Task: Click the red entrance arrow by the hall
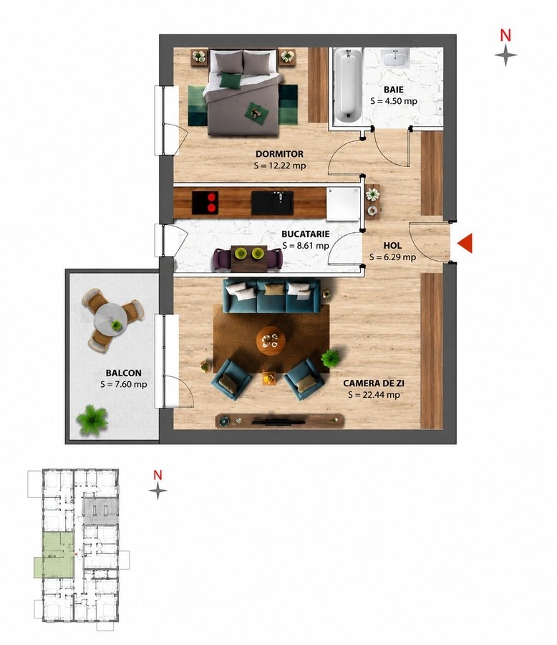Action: click(465, 243)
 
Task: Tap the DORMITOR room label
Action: click(279, 154)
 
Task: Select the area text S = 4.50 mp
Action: click(393, 101)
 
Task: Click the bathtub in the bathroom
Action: click(348, 85)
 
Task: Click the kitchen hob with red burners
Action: click(205, 202)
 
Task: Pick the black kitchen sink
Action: click(272, 203)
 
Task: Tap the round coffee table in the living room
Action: click(271, 340)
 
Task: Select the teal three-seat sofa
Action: click(272, 296)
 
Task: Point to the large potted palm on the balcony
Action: click(92, 419)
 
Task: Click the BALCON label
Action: click(123, 373)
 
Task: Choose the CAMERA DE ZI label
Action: click(374, 383)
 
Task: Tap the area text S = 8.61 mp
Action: click(306, 246)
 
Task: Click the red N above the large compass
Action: click(505, 35)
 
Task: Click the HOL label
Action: click(392, 246)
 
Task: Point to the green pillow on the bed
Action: click(230, 80)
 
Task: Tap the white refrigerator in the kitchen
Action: click(343, 204)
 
